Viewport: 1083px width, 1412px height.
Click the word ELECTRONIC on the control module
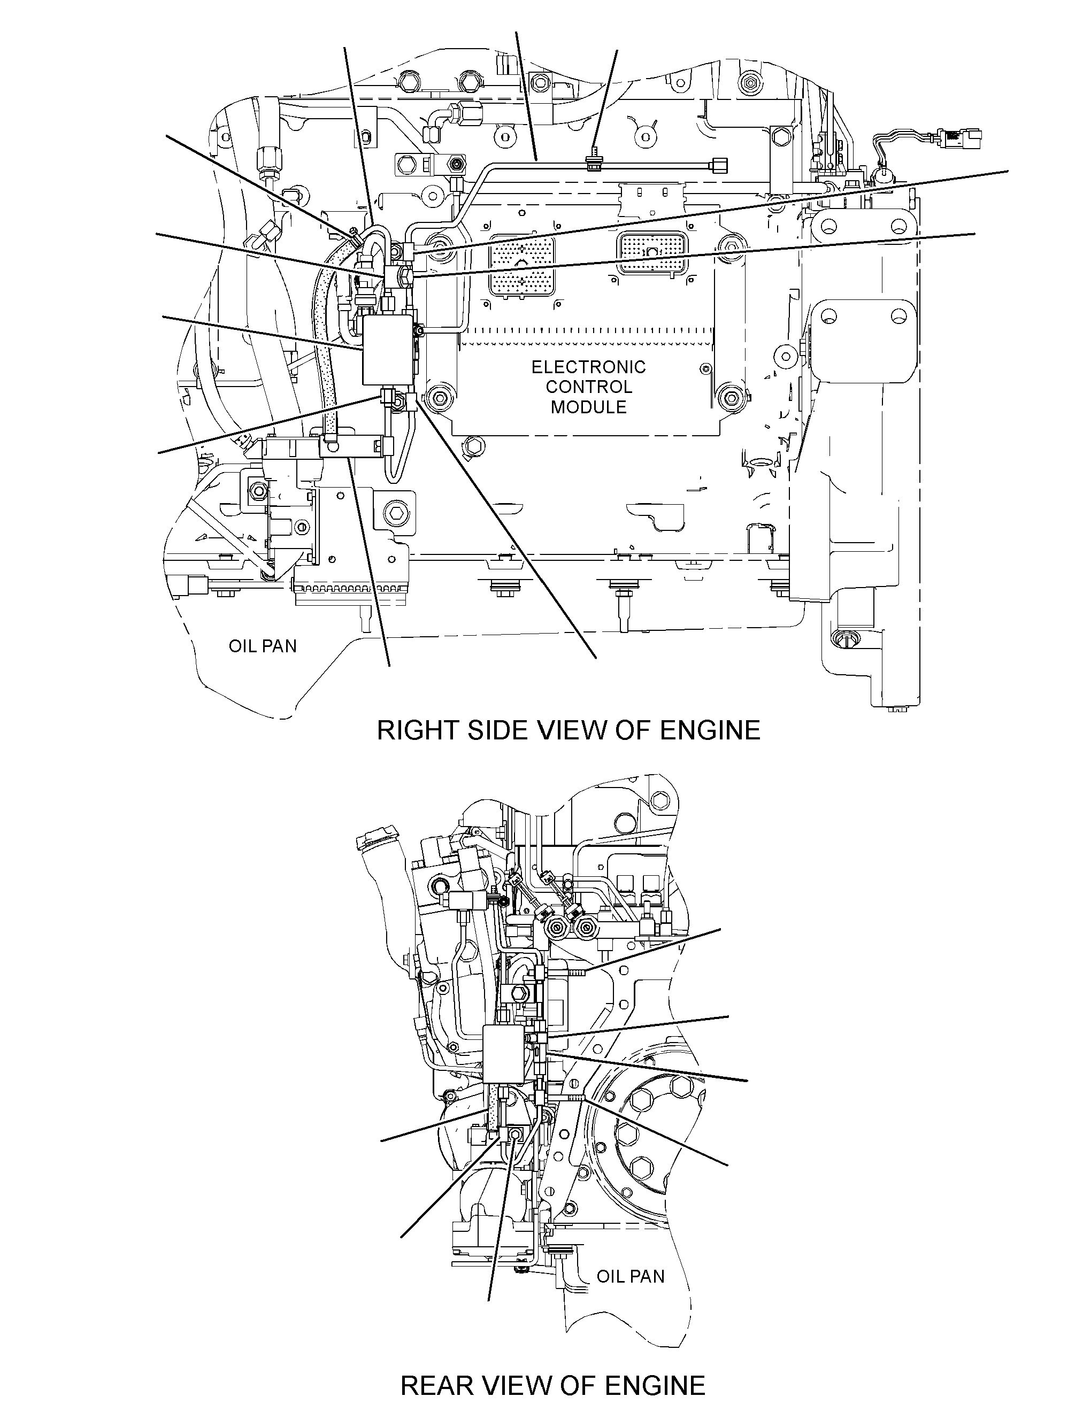[x=588, y=367]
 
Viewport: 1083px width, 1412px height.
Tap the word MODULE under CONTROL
[x=588, y=407]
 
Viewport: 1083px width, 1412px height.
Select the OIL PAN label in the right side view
[x=263, y=646]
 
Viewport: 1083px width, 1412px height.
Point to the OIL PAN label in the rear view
[x=630, y=1276]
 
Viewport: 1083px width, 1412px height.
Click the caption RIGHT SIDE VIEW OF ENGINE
[x=568, y=731]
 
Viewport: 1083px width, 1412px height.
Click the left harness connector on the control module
[x=512, y=264]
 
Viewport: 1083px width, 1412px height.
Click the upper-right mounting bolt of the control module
[x=729, y=244]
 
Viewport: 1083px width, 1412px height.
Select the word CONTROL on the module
[x=588, y=387]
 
